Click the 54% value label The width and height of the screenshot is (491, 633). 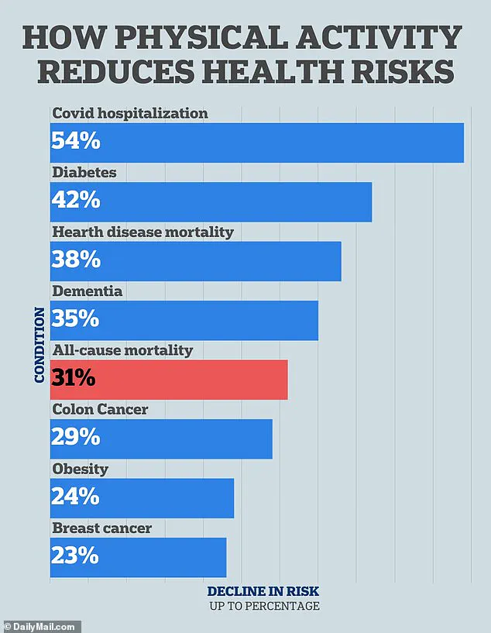(x=76, y=142)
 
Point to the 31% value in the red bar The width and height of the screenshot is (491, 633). (x=74, y=379)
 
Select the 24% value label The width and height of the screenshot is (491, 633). (x=75, y=497)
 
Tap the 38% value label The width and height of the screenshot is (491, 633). (x=76, y=260)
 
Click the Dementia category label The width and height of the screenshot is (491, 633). (x=88, y=291)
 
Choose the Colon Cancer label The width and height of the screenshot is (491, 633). (x=100, y=409)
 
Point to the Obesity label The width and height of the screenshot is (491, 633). (x=80, y=469)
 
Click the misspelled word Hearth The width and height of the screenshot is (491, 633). (x=76, y=232)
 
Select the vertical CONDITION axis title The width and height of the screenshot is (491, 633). (x=39, y=346)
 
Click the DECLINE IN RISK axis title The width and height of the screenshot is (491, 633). (x=263, y=591)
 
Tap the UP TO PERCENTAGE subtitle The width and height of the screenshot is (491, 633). (x=263, y=606)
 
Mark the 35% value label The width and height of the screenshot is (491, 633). (x=75, y=319)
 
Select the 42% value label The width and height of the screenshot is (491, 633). (x=76, y=201)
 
